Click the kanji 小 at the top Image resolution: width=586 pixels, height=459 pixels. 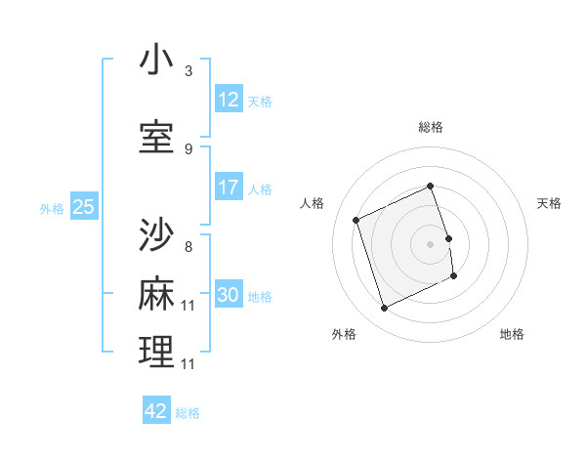pos(156,61)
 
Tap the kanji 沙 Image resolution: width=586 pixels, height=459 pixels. pos(156,234)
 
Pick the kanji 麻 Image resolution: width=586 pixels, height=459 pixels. pos(156,294)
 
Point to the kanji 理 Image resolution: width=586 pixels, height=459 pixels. pos(156,352)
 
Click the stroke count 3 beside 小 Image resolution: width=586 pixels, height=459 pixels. pos(188,71)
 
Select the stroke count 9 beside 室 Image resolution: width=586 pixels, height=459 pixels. pos(188,148)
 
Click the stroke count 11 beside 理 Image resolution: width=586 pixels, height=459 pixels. pos(188,363)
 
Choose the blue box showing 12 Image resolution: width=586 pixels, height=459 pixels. pos(229,100)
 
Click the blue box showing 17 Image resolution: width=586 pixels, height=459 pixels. pos(229,188)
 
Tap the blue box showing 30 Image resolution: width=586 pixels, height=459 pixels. pos(229,296)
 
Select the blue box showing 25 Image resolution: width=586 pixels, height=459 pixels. pos(83,207)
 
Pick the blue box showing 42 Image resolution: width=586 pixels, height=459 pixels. pos(156,411)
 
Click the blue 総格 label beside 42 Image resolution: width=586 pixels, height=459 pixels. pos(188,413)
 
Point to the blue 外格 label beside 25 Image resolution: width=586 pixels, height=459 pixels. pos(52,208)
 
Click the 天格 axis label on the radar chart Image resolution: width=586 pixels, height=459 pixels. pos(549,203)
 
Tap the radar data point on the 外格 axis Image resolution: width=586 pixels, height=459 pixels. pos(384,309)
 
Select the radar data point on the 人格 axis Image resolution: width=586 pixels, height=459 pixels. pos(356,220)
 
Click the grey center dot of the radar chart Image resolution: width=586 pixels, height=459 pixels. pos(430,243)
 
